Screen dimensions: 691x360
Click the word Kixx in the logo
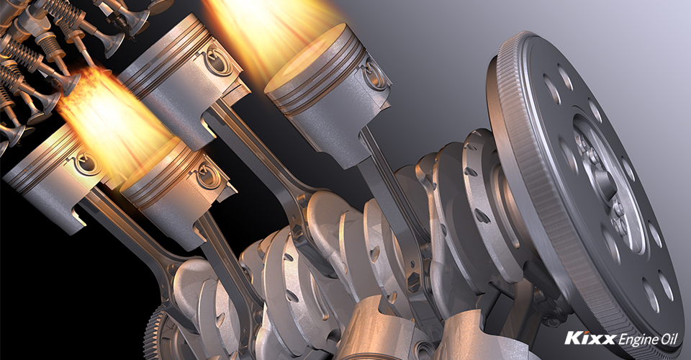590,338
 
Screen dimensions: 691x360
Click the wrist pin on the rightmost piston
374,73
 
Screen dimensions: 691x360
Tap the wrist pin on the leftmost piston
85,162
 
